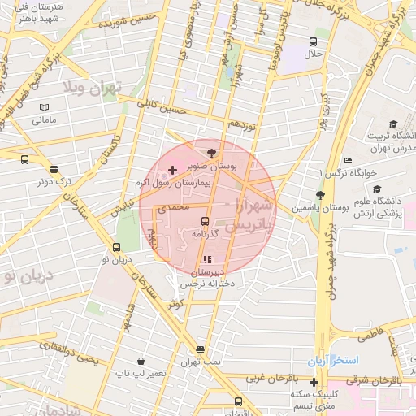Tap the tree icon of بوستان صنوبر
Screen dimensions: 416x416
coord(212,151)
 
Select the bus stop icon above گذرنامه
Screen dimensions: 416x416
coord(204,221)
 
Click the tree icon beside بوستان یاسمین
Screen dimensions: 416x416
coord(320,196)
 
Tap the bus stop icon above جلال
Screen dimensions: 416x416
coord(314,41)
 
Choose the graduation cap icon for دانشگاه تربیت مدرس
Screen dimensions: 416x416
coord(393,123)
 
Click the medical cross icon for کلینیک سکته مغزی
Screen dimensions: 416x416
coord(314,382)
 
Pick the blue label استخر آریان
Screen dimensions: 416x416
coord(332,360)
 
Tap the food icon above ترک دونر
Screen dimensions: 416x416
coord(54,169)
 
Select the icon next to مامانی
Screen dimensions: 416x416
coord(44,107)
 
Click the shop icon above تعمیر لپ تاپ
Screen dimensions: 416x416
coord(141,360)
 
